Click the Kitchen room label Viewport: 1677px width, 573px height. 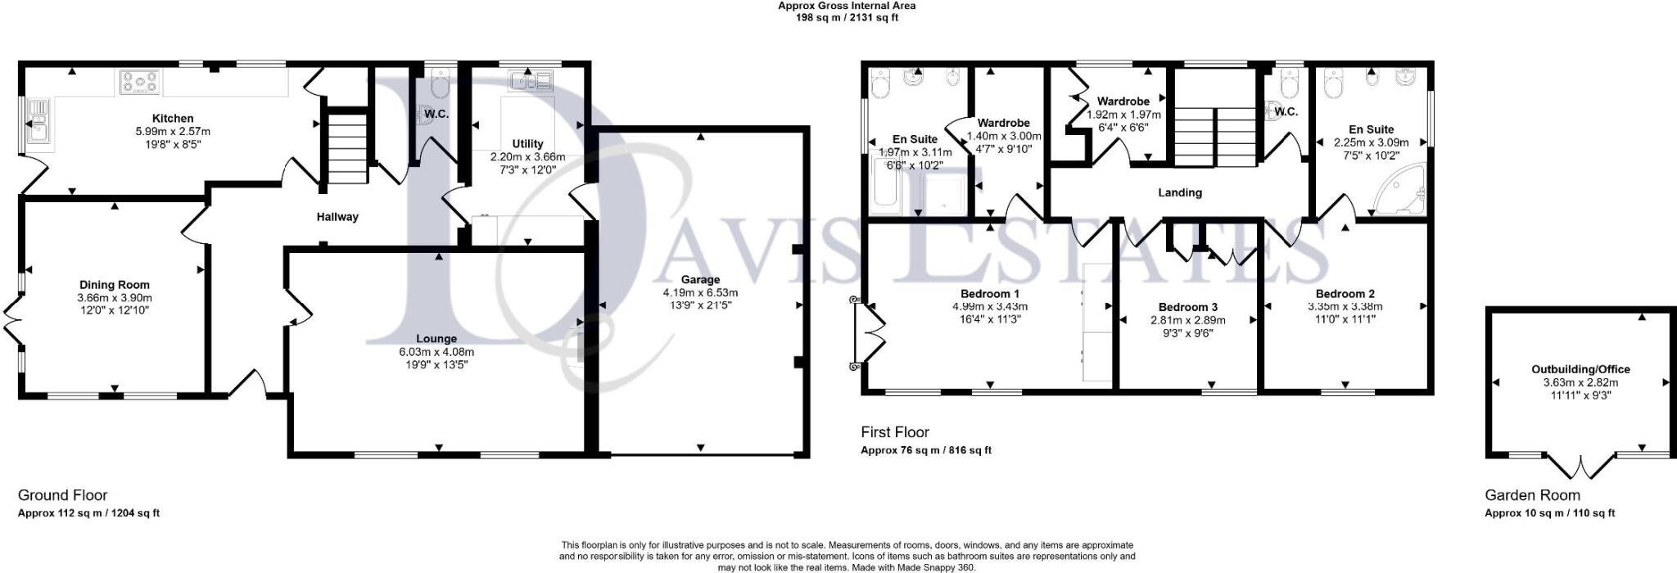click(173, 119)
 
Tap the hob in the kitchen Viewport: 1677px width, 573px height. click(140, 82)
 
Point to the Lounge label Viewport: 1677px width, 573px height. click(436, 338)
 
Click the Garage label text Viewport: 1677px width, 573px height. click(700, 279)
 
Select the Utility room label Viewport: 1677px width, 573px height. click(527, 144)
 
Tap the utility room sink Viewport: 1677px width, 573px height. click(531, 80)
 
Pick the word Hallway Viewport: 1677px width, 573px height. click(337, 217)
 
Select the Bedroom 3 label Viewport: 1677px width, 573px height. click(1187, 307)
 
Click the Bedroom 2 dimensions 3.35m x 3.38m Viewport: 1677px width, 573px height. click(1345, 307)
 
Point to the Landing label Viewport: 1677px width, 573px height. click(1179, 192)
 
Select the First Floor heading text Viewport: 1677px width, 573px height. click(894, 431)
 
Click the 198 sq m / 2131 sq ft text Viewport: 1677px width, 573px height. click(846, 17)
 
